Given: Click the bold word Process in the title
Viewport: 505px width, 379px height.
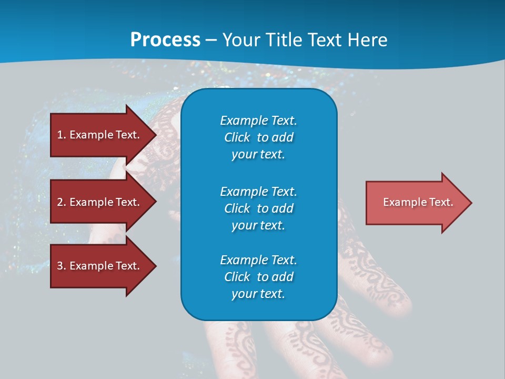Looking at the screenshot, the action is (x=165, y=39).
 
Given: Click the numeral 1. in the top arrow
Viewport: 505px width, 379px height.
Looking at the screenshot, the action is (x=62, y=135).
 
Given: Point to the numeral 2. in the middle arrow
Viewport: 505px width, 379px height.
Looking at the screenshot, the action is (x=62, y=202).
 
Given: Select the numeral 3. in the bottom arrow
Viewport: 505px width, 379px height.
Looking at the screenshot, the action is (x=62, y=266).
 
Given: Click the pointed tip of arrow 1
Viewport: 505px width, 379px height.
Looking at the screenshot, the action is (x=156, y=135).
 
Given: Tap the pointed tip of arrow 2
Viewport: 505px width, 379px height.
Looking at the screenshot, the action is (x=156, y=202).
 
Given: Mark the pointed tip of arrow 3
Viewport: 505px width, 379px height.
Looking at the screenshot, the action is (x=156, y=266).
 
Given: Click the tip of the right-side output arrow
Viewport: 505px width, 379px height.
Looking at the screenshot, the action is (x=471, y=203).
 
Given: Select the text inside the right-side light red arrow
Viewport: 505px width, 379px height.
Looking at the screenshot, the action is (x=418, y=202).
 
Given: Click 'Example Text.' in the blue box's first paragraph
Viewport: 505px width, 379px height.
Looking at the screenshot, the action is (x=258, y=121).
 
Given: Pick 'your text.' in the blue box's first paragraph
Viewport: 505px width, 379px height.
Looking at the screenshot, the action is (x=258, y=155).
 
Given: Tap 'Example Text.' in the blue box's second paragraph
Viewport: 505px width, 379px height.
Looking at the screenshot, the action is (x=258, y=191).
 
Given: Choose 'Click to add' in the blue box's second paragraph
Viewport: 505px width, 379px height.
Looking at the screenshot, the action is (x=258, y=208).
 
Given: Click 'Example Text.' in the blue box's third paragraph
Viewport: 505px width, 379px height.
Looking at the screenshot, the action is (x=258, y=260).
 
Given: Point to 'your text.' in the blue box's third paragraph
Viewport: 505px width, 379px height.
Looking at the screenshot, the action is (x=258, y=294).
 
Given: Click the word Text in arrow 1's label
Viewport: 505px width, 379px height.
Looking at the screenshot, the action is (x=127, y=135).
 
